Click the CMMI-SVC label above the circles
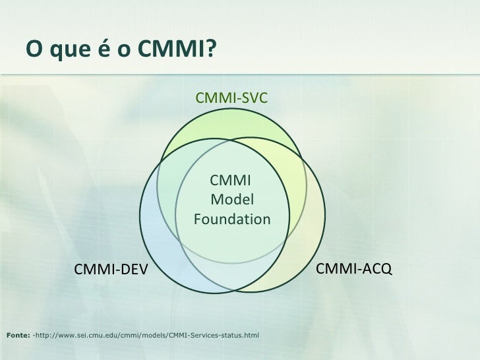231,98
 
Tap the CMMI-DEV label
111,269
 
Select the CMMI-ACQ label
354,268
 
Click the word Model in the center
232,200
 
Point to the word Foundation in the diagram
232,218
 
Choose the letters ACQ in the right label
378,268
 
